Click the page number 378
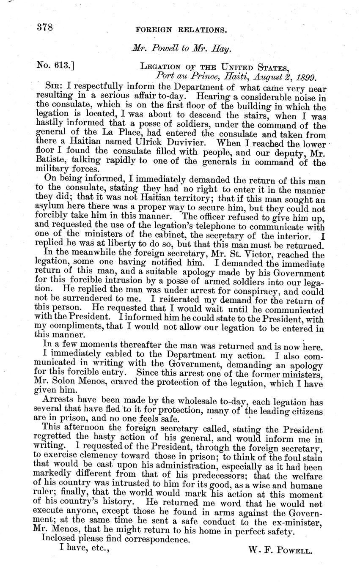tap(44, 28)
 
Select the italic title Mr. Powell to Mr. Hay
tap(181, 49)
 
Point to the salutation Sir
tap(58, 88)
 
